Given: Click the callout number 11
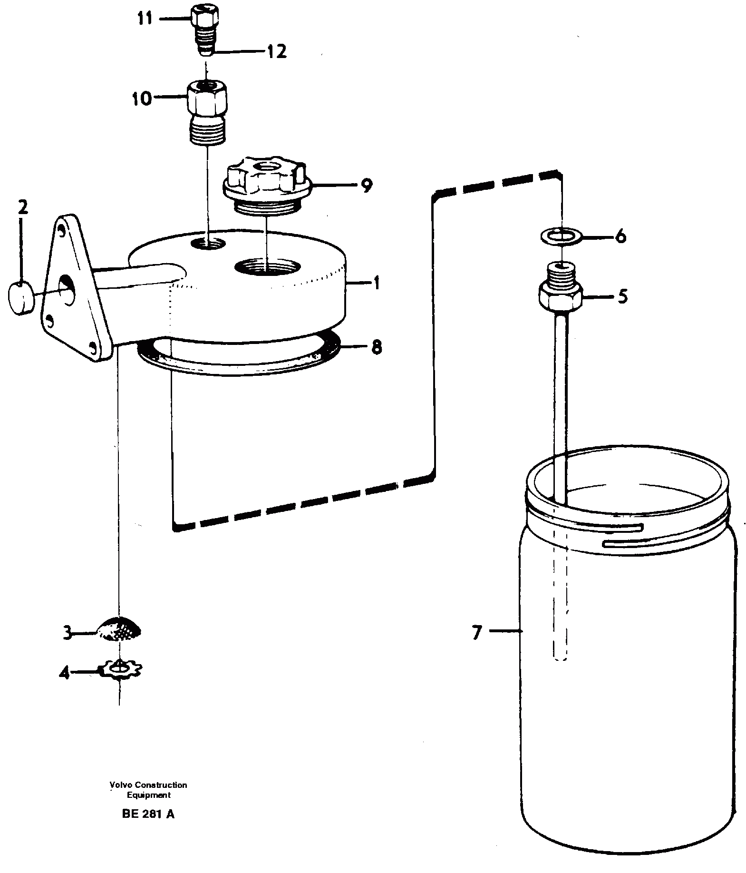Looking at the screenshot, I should (145, 19).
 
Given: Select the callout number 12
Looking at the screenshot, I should (277, 51).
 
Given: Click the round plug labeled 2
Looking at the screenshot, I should (20, 298).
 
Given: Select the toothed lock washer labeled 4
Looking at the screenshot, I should (121, 670).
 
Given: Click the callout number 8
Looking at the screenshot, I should (376, 347).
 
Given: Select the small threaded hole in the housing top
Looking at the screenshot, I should (208, 244).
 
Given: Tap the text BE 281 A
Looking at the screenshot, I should (148, 814).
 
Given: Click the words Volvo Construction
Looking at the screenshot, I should (148, 785).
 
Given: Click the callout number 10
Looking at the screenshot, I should (142, 99).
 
